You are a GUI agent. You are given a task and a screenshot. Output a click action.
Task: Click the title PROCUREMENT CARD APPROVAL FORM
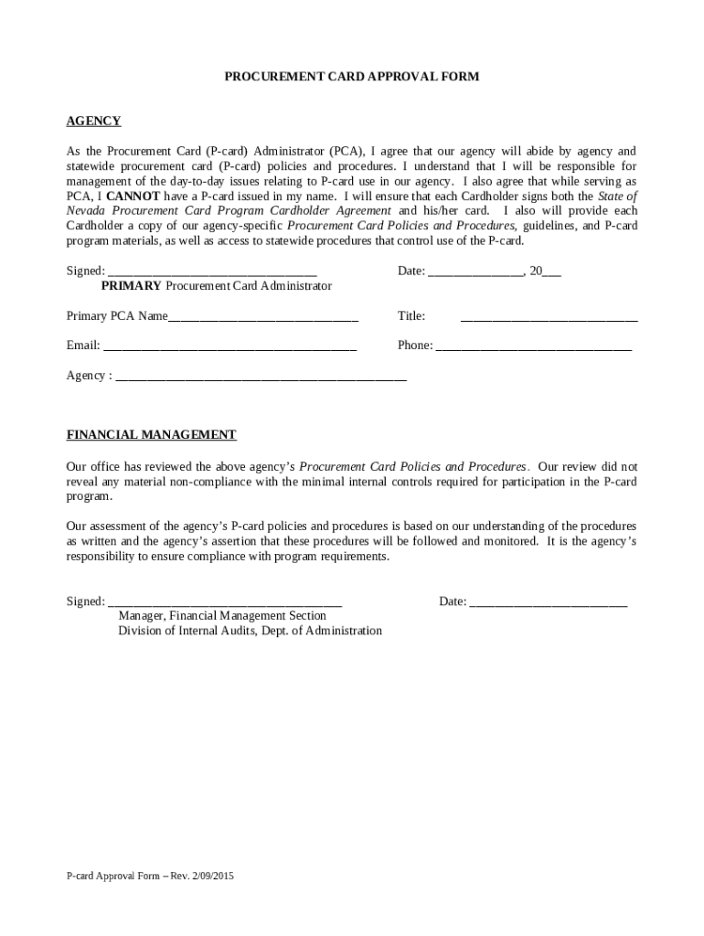pos(352,77)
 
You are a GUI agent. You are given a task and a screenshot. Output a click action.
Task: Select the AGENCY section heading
pos(93,122)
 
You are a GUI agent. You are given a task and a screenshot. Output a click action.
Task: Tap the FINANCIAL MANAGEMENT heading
pos(151,435)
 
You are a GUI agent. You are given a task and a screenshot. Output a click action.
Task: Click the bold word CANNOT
pos(133,196)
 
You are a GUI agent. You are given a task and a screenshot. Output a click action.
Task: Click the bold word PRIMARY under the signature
pos(131,286)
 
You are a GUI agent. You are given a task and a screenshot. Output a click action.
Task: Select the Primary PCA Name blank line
pos(263,319)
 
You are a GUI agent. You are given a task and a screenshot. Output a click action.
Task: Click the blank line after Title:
pos(549,319)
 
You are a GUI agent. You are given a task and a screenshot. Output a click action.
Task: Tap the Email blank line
pos(229,348)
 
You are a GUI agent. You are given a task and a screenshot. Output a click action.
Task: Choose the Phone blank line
pos(533,348)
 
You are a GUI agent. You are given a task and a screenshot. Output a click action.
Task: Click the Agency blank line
pos(261,378)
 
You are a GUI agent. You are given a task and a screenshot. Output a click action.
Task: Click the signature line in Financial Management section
pos(225,604)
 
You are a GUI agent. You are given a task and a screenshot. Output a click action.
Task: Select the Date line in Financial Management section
pos(548,604)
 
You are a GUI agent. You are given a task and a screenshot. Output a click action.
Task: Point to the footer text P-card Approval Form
pos(150,876)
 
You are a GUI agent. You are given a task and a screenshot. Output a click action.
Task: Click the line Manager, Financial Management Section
pos(222,616)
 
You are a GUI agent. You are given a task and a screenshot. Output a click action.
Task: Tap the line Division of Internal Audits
pos(250,631)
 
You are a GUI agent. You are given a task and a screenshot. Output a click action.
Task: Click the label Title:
pos(411,316)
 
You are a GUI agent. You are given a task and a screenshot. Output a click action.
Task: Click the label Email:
pos(83,346)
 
